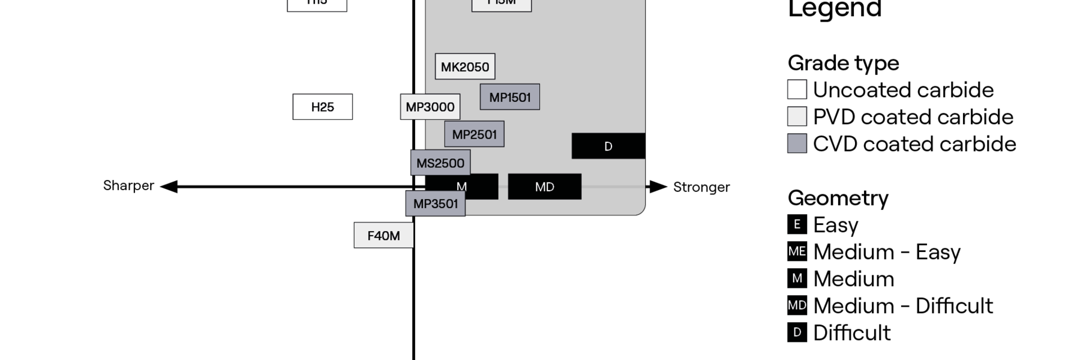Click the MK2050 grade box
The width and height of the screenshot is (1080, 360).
click(x=465, y=67)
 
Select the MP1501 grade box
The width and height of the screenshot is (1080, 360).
click(x=509, y=97)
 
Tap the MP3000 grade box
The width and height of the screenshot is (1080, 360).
click(x=430, y=107)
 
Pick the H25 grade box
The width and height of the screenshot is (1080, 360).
click(x=322, y=107)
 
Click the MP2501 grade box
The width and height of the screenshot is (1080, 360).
click(x=474, y=134)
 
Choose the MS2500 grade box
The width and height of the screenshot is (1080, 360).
click(x=440, y=163)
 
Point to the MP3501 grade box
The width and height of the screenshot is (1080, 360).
click(x=436, y=204)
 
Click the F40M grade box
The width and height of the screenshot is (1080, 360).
click(x=383, y=235)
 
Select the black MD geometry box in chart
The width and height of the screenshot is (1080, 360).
click(x=544, y=187)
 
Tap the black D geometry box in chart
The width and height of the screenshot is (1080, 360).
click(x=608, y=146)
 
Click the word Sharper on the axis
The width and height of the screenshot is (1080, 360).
click(x=128, y=185)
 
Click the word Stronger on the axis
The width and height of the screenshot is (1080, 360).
click(x=701, y=187)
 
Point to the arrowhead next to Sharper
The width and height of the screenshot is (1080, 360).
click(x=169, y=187)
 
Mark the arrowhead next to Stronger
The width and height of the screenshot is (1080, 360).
click(x=658, y=187)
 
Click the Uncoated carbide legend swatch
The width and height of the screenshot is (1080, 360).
click(x=797, y=89)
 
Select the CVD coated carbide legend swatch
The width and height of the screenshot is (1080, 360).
click(x=797, y=143)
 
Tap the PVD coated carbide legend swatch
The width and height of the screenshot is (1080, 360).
click(x=797, y=116)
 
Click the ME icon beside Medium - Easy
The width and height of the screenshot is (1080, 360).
click(x=797, y=251)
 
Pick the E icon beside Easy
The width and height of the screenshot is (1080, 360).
click(x=797, y=224)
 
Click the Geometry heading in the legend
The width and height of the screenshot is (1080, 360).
click(x=838, y=198)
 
